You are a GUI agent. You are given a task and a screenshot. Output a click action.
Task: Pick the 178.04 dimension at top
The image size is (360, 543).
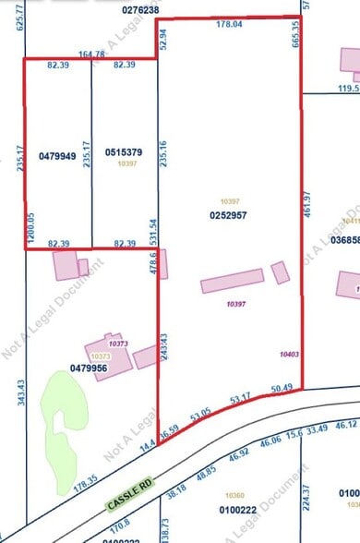[227, 26]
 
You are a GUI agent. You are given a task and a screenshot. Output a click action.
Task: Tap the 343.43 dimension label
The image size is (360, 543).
[20, 370]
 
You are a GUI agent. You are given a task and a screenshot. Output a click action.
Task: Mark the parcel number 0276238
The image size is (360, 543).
[139, 10]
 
